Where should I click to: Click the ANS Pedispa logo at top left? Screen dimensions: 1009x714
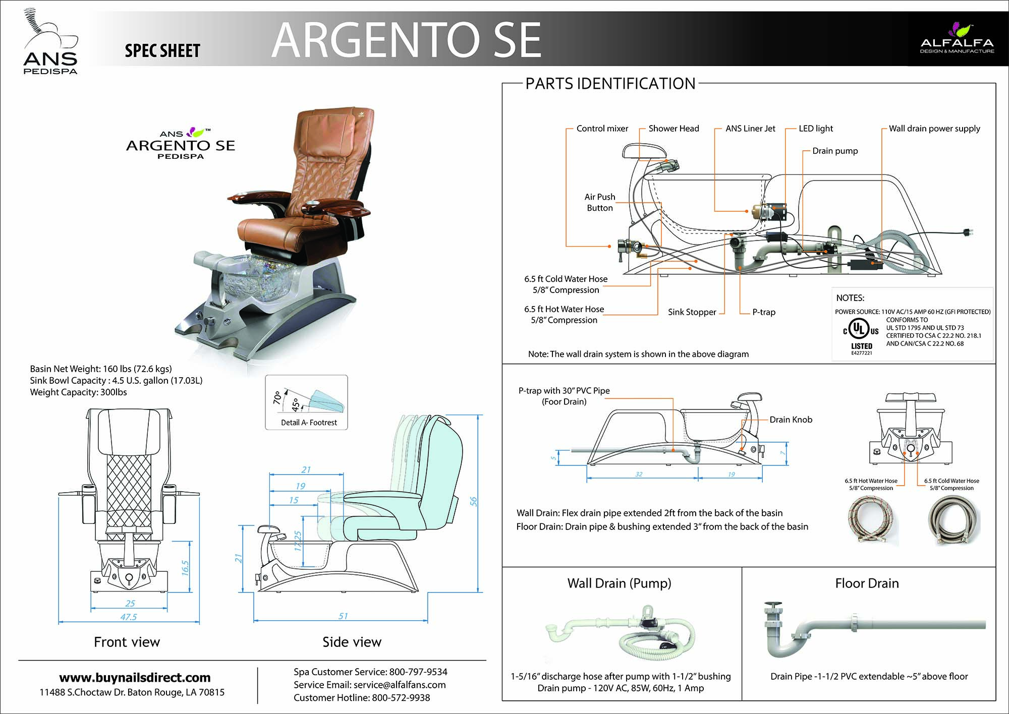(x=50, y=42)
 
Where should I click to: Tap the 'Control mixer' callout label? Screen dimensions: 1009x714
(x=602, y=129)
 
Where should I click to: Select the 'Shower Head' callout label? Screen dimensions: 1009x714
(x=674, y=129)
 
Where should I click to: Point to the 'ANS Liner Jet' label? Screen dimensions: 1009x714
(x=750, y=129)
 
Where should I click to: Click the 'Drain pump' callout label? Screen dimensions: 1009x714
(x=835, y=151)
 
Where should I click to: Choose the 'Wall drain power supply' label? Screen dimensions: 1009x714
(x=934, y=129)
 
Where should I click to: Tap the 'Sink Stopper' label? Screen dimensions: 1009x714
(x=692, y=312)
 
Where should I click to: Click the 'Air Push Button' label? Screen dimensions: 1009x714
(x=600, y=202)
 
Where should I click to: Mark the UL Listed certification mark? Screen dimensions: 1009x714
(x=861, y=335)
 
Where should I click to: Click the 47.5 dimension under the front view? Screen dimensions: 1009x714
(x=129, y=617)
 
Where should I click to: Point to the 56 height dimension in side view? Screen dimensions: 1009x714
(x=473, y=501)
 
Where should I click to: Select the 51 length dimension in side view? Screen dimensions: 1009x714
(x=343, y=616)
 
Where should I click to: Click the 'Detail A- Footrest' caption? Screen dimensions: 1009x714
(x=309, y=423)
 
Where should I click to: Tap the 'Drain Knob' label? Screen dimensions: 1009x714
(x=791, y=420)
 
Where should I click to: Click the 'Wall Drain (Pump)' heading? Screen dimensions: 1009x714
(x=619, y=583)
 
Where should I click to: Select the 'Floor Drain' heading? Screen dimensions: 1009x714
(x=867, y=583)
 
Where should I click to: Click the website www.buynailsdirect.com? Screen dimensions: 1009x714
(x=135, y=678)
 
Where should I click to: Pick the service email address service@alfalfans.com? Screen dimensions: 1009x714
(x=400, y=685)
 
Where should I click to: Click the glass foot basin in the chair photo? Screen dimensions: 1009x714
(x=252, y=279)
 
